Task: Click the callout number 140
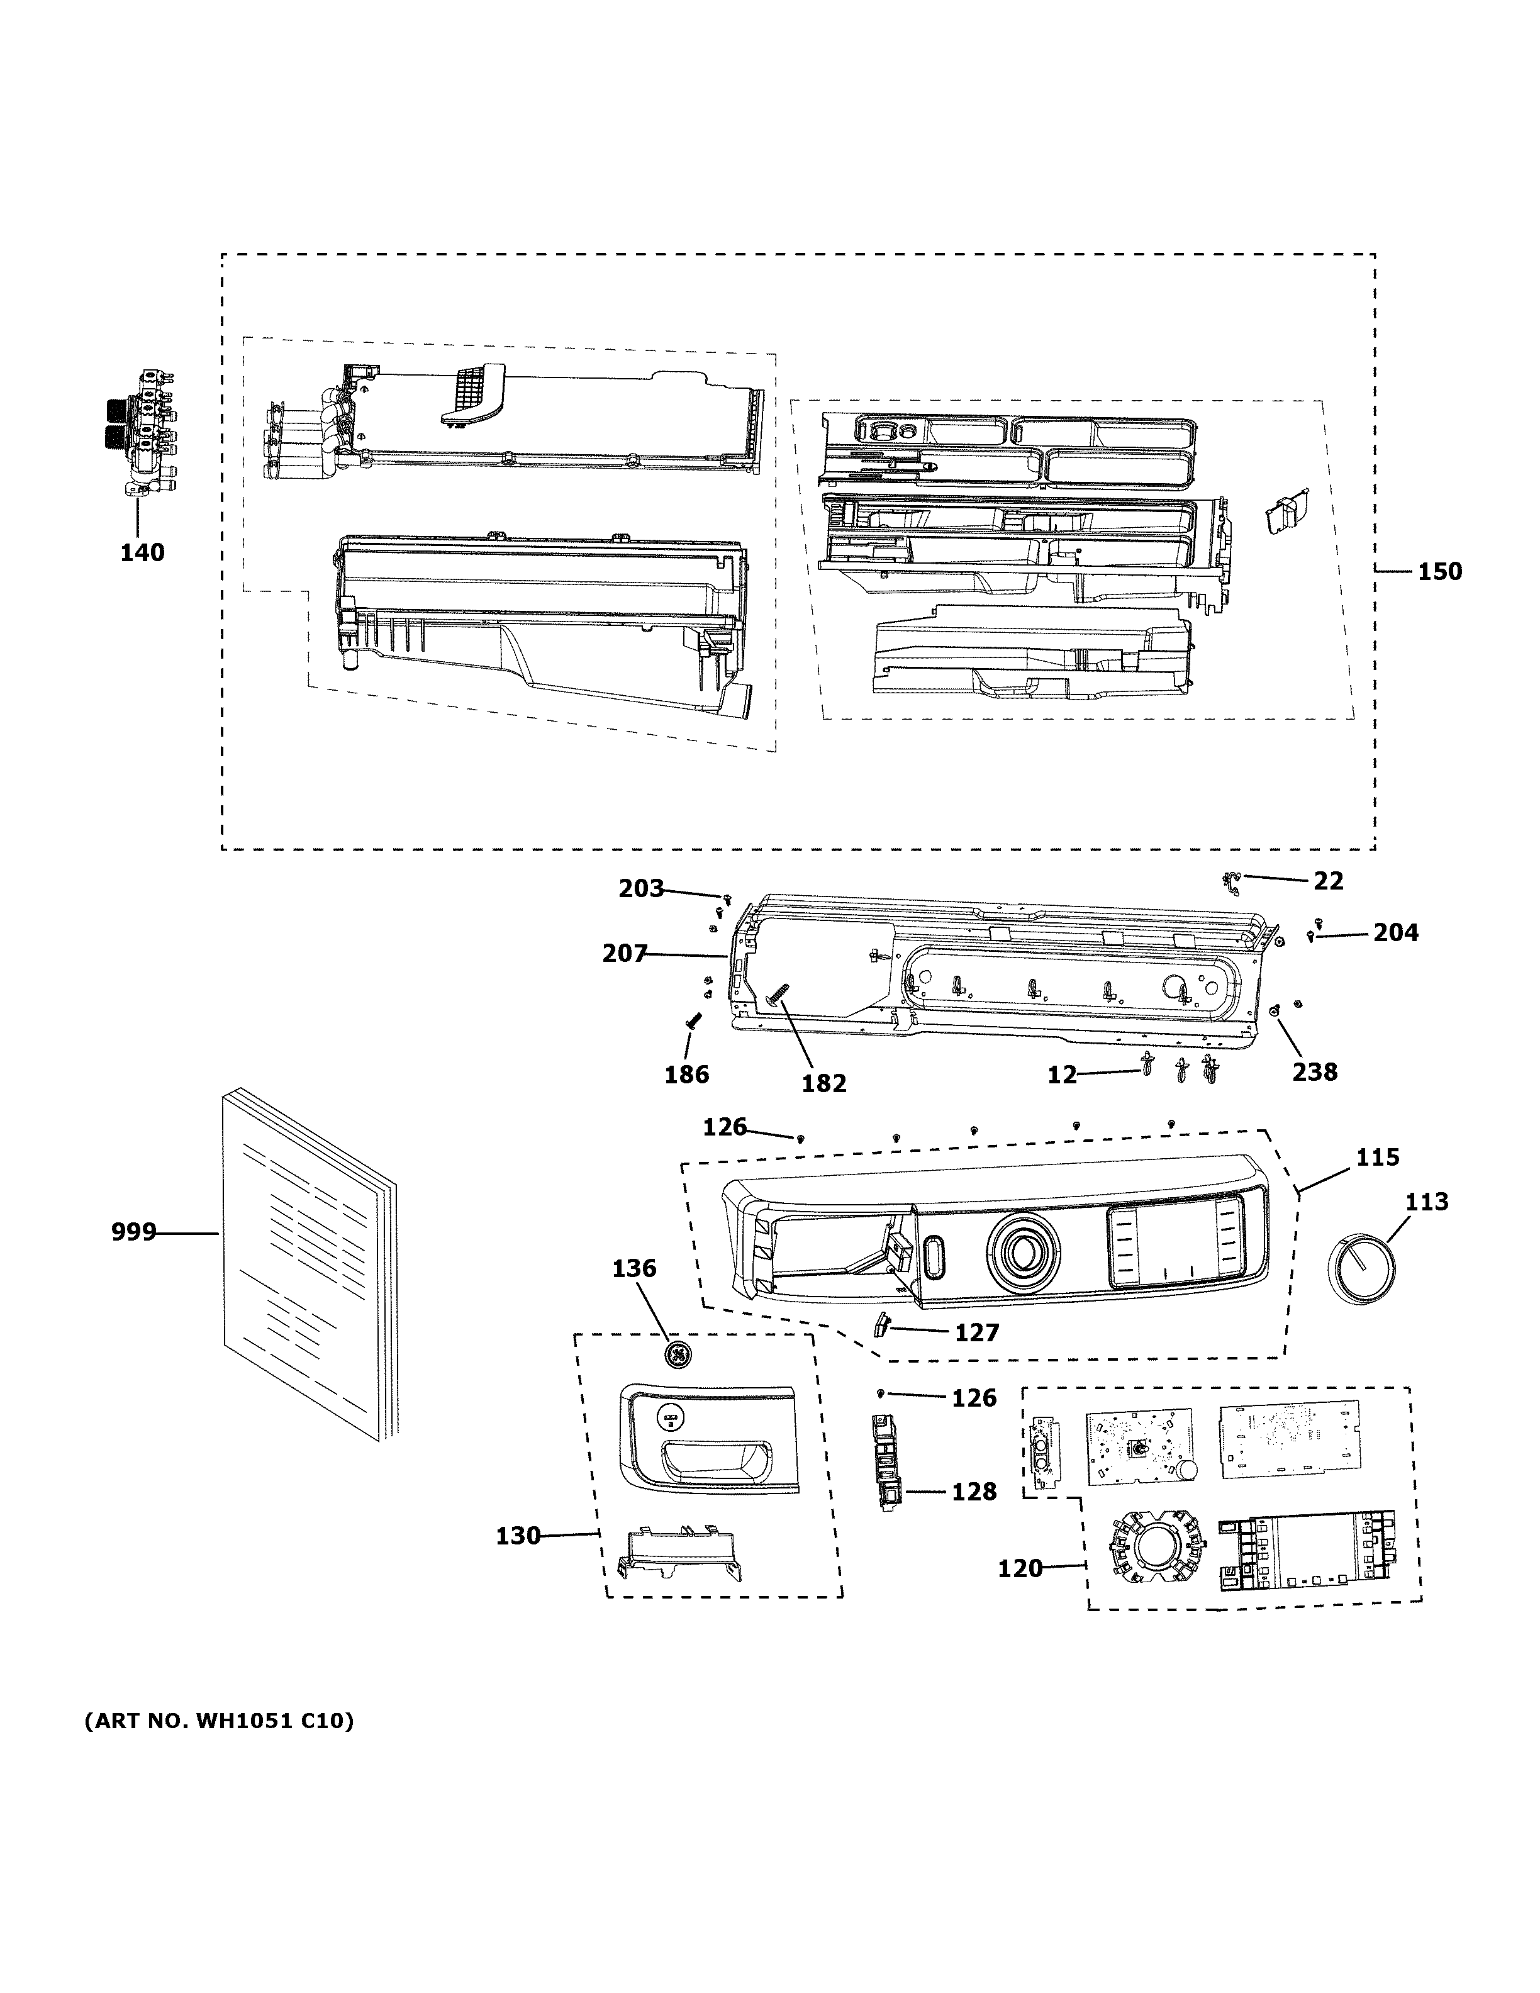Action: pyautogui.click(x=142, y=552)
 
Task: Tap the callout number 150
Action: pyautogui.click(x=1439, y=571)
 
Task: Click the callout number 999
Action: pyautogui.click(x=133, y=1233)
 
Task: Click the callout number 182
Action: pyautogui.click(x=824, y=1083)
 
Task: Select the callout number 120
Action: pyautogui.click(x=1019, y=1568)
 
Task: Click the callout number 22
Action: pyautogui.click(x=1329, y=881)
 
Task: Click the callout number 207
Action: pyautogui.click(x=624, y=954)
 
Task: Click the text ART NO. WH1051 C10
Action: pyautogui.click(x=219, y=1721)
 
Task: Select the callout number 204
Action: pyautogui.click(x=1396, y=932)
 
